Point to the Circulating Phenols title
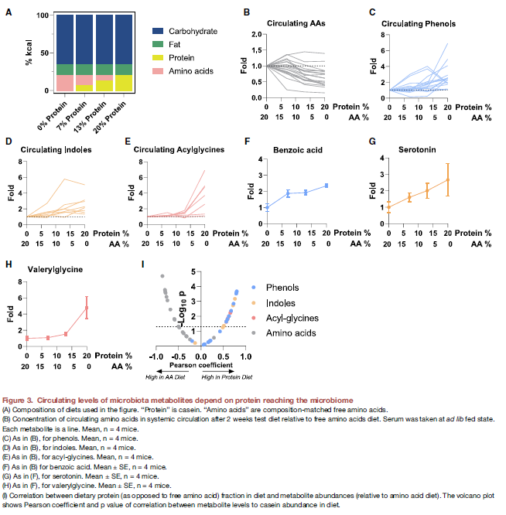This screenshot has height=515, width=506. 419,24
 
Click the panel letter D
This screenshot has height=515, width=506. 9,142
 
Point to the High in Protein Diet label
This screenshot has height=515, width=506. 227,377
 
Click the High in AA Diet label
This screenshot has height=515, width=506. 165,377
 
